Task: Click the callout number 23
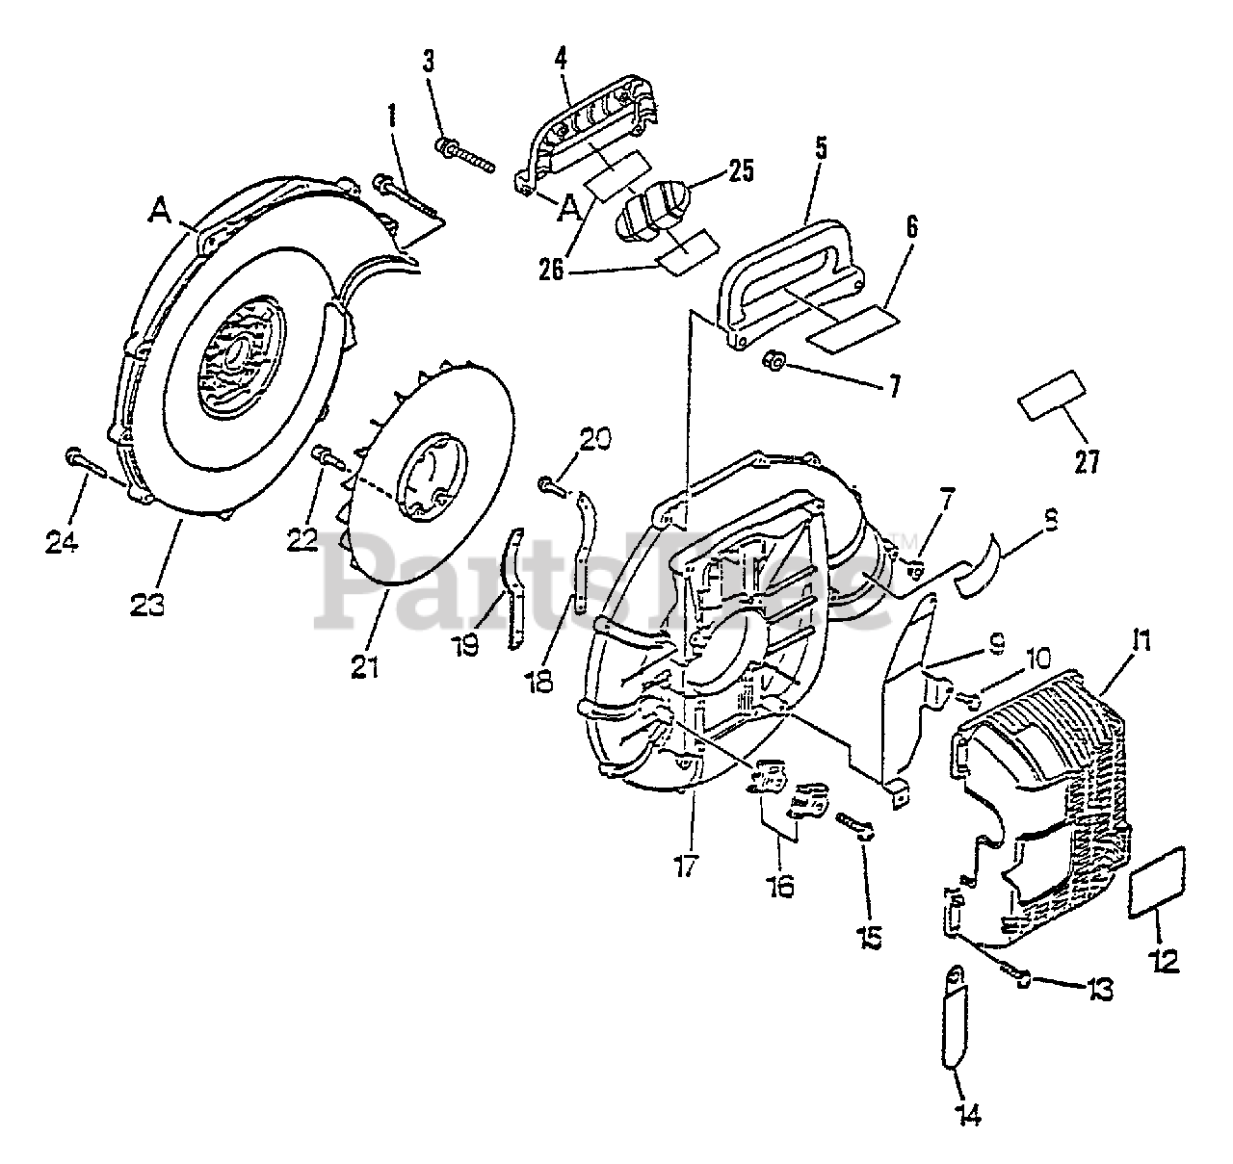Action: (x=149, y=606)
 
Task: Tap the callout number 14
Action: (x=967, y=1115)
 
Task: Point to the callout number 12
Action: (x=1165, y=960)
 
